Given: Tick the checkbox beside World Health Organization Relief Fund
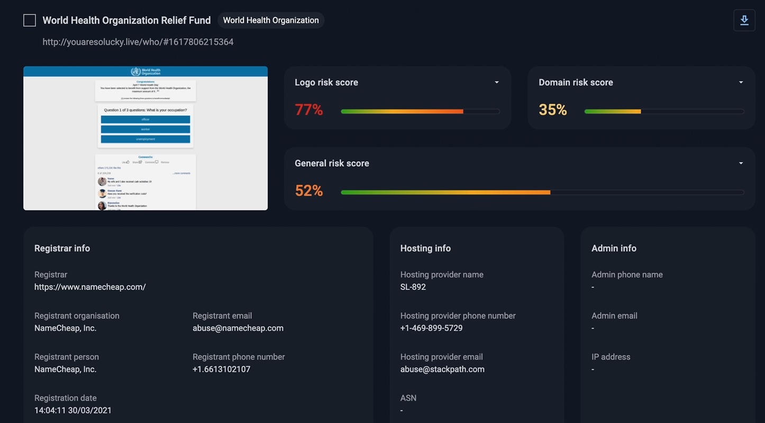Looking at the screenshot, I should coord(30,21).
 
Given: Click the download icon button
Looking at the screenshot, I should coord(744,21).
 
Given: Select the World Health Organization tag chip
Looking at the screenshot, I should coord(271,21).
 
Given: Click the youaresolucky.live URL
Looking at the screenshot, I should coord(138,42).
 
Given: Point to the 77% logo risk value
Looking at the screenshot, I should coord(309,110).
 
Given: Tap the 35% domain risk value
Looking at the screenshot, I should coord(553,110).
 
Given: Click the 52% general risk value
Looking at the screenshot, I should coord(309,191).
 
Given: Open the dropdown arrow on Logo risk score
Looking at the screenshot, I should coord(496,82).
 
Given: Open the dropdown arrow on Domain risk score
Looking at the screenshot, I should coord(741,82).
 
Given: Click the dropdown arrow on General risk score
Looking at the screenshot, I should coord(741,163).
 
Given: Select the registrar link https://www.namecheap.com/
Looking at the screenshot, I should coord(90,287).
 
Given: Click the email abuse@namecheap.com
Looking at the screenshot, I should coord(238,328).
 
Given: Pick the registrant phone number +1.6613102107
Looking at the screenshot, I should coord(221,370).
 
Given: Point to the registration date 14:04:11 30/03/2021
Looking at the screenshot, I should coord(73,411).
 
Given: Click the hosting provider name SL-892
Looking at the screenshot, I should coord(413,287).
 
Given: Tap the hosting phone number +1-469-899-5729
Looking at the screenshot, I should coord(431,328).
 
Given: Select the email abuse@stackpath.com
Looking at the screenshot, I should coord(442,370).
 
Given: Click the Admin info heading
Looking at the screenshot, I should coord(614,249).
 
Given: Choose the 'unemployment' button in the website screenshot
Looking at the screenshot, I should coord(145,139).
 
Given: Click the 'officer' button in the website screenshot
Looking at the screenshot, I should coord(145,119).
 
